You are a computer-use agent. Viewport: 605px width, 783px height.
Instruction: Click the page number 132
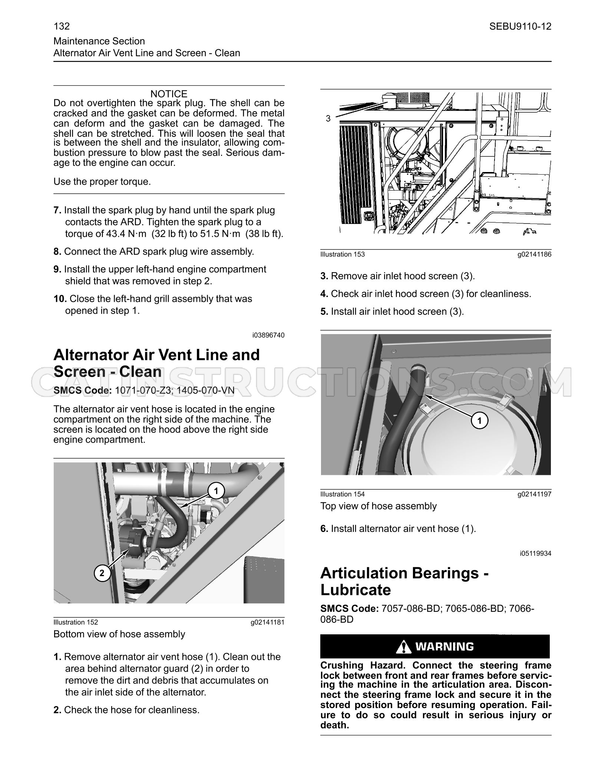[x=62, y=26]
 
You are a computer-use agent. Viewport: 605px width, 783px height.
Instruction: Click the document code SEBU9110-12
[x=520, y=26]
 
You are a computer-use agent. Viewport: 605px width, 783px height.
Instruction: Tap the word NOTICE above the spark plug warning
[x=169, y=94]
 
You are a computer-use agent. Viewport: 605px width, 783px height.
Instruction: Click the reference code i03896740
[x=268, y=335]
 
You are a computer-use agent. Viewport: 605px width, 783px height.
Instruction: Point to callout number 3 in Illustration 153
[x=328, y=119]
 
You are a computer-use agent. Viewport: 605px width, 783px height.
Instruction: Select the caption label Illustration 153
[x=343, y=254]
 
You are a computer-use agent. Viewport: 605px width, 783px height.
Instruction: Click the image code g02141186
[x=535, y=254]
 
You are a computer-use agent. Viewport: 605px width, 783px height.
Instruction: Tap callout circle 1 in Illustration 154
[x=480, y=421]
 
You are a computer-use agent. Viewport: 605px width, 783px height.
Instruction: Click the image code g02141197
[x=535, y=494]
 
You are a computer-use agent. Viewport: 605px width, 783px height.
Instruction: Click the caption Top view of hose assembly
[x=378, y=506]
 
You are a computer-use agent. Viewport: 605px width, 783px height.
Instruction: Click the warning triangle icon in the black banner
[x=403, y=647]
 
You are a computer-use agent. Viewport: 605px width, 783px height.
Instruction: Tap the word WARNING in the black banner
[x=444, y=647]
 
